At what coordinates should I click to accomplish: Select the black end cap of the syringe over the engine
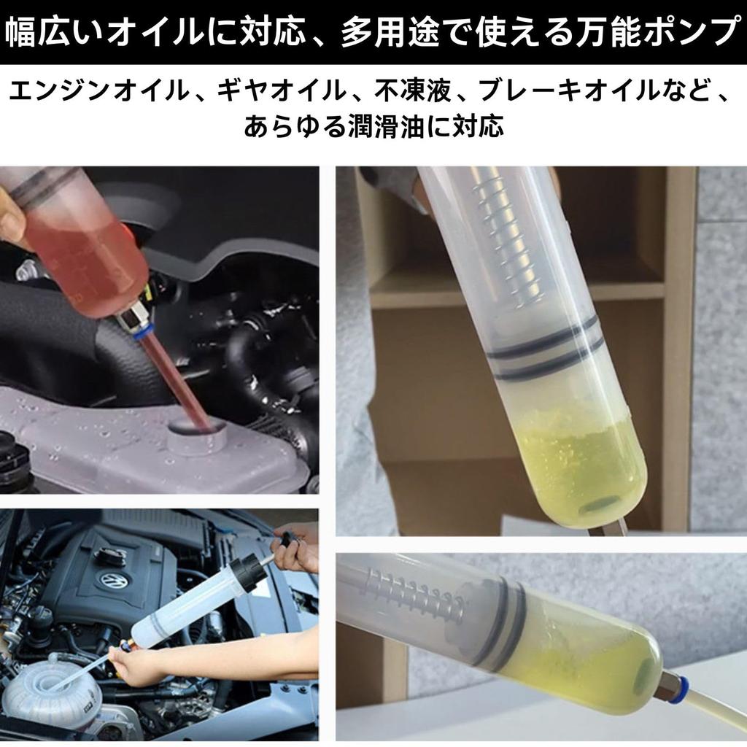click(246, 572)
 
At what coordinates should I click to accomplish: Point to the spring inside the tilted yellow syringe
click(416, 595)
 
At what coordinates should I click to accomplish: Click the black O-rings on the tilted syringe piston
click(503, 620)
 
